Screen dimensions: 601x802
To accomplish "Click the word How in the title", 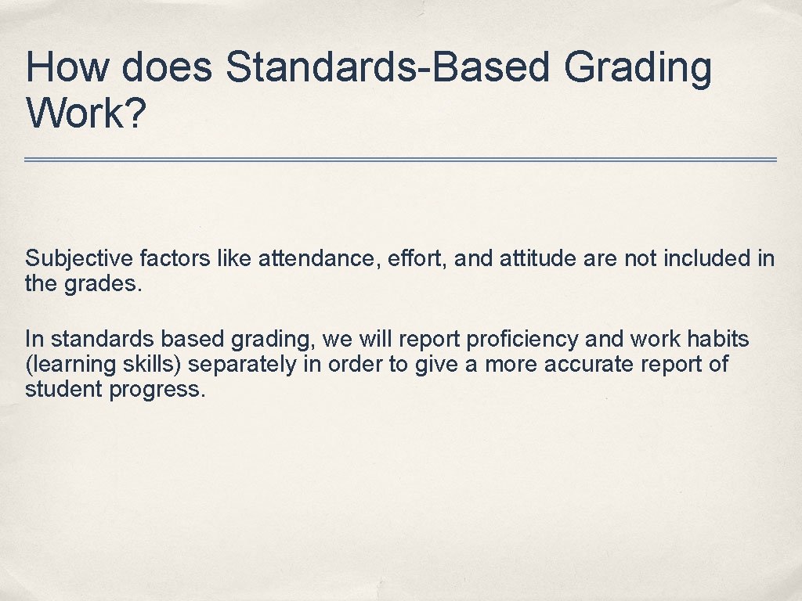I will tap(63, 67).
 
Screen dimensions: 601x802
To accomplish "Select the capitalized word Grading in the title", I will tap(637, 69).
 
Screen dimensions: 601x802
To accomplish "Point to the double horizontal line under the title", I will tap(400, 160).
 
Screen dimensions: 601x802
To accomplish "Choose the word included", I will tap(708, 259).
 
